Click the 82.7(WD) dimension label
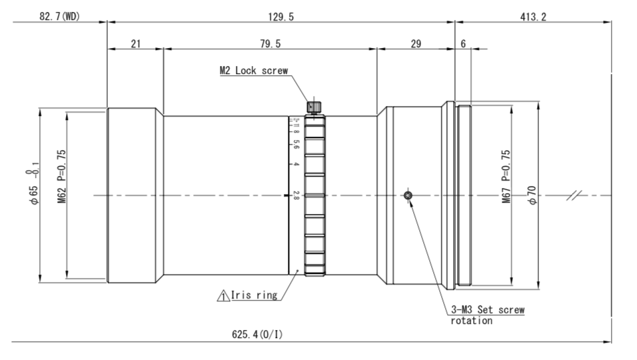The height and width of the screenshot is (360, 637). (59, 16)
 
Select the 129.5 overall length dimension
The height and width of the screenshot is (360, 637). (279, 16)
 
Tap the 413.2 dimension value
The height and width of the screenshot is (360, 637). (533, 16)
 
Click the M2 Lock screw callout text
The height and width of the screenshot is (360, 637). (254, 70)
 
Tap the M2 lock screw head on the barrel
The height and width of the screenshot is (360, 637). (314, 106)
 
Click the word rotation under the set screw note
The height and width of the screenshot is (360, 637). (472, 321)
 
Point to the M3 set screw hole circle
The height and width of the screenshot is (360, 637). (408, 195)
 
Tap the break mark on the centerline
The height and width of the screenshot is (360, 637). (573, 195)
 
